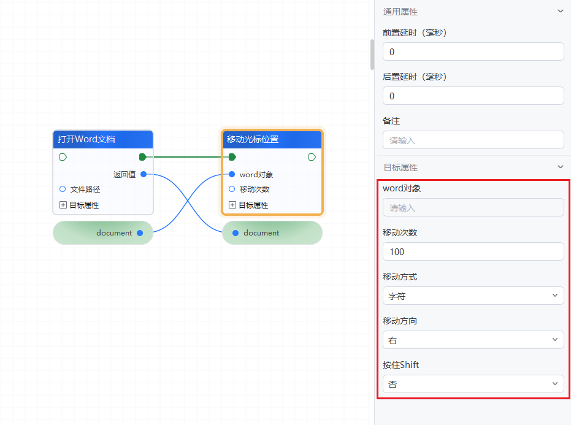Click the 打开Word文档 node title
(x=86, y=139)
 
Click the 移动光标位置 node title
(x=253, y=139)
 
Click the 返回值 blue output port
(x=144, y=174)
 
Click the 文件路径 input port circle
(x=63, y=189)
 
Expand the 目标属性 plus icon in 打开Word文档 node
(x=63, y=205)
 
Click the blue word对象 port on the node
(x=232, y=174)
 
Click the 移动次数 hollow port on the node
(x=232, y=189)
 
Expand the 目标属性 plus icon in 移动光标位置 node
(x=232, y=205)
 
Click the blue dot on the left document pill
(x=140, y=233)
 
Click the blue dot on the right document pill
(x=236, y=233)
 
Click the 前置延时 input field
(x=473, y=52)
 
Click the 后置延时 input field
(x=473, y=96)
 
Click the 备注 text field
(x=473, y=140)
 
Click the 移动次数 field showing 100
(x=473, y=251)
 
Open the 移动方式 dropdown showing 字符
(x=473, y=296)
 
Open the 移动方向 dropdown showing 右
(x=473, y=340)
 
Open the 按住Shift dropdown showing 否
(x=473, y=384)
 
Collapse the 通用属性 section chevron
(x=559, y=11)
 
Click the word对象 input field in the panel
(x=473, y=208)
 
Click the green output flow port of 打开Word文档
(x=143, y=157)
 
